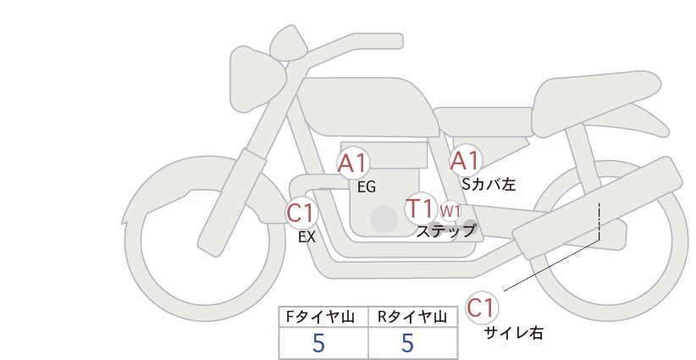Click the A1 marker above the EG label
pos(353,163)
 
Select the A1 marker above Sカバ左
pos(465,160)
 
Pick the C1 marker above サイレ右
pos(482,307)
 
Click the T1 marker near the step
pos(420,208)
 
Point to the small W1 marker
pos(450,211)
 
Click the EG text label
pos(367,187)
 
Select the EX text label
pos(307,237)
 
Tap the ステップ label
pos(445,231)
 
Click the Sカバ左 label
pos(489,184)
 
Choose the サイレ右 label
pos(514,333)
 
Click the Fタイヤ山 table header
pos(320,317)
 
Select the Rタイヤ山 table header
pos(412,317)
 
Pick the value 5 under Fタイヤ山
pos(318,343)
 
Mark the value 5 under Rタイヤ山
pos(408,343)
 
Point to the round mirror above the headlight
pos(289,42)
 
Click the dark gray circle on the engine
pos(384,219)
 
